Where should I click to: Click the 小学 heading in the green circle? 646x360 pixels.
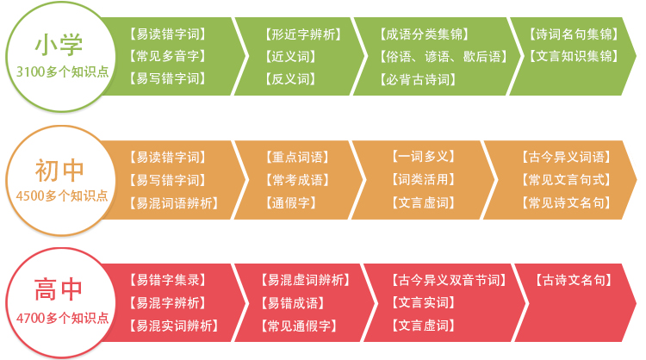[x=59, y=45]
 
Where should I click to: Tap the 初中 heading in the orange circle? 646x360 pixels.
[x=59, y=171]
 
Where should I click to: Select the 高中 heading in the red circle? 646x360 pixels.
[x=59, y=289]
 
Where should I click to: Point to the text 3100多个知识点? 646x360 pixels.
[x=62, y=71]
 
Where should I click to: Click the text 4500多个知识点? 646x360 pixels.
[x=62, y=196]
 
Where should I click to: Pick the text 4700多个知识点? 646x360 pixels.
[x=62, y=318]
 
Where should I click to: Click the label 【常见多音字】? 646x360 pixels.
[x=168, y=56]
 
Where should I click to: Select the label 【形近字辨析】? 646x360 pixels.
[x=303, y=34]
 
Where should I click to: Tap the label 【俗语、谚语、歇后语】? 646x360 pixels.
[x=444, y=56]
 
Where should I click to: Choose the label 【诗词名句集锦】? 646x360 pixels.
[x=574, y=34]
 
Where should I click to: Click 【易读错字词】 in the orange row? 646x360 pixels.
[x=168, y=157]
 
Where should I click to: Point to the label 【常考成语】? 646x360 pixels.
[x=297, y=180]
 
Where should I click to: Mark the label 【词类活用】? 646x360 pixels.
[x=424, y=180]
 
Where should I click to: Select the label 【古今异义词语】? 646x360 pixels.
[x=567, y=157]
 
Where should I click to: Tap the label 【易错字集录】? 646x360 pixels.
[x=168, y=280]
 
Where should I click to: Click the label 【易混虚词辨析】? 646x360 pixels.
[x=305, y=280]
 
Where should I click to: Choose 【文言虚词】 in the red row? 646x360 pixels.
[x=424, y=326]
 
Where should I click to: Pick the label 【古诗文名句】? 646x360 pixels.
[x=574, y=280]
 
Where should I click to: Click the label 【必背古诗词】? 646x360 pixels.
[x=418, y=79]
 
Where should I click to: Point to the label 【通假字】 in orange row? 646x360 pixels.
[x=291, y=202]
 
